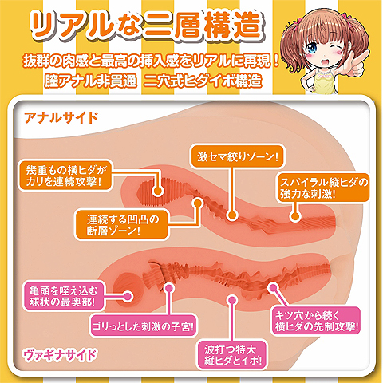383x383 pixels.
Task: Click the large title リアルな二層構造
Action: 146,26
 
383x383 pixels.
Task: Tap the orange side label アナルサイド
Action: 61,117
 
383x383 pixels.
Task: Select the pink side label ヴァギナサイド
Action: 60,355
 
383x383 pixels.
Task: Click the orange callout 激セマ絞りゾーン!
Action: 238,156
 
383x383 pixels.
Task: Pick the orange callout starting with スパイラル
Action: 324,188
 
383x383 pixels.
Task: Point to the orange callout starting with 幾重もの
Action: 65,176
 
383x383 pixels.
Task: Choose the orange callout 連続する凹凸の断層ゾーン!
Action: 122,224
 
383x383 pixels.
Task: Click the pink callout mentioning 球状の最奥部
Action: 64,296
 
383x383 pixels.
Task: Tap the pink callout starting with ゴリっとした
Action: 144,326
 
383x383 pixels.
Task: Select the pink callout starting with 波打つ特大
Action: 233,355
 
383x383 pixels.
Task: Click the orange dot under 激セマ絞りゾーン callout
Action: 232,215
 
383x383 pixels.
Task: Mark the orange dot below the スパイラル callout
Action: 294,216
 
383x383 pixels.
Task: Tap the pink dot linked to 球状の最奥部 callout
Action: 128,296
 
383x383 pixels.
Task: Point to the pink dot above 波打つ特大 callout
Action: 232,301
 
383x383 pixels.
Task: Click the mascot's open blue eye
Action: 312,48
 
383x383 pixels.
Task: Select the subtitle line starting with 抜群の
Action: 151,61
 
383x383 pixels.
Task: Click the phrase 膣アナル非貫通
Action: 90,81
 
